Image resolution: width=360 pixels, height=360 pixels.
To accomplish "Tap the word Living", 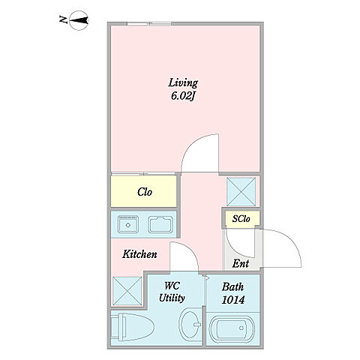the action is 183,83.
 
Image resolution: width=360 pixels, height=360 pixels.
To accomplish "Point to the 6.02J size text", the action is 183,96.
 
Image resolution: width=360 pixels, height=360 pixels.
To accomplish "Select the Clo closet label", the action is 145,192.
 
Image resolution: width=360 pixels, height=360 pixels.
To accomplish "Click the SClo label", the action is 241,219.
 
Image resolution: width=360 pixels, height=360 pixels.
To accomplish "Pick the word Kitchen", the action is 139,254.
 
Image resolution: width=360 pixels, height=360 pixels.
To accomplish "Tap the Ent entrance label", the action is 241,263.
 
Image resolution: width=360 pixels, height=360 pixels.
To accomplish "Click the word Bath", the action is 232,286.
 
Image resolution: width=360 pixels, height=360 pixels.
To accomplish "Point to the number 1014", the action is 233,300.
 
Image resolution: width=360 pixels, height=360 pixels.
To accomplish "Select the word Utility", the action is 172,298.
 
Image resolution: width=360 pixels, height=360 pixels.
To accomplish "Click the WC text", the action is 172,286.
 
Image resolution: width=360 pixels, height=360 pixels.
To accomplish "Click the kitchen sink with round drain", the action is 128,224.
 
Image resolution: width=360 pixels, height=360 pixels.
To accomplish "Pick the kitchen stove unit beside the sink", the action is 160,224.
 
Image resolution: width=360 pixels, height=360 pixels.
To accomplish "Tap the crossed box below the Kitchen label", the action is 127,291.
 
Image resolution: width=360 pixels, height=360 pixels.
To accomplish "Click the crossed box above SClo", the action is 241,192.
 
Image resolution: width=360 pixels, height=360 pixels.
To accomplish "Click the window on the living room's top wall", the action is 149,24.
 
